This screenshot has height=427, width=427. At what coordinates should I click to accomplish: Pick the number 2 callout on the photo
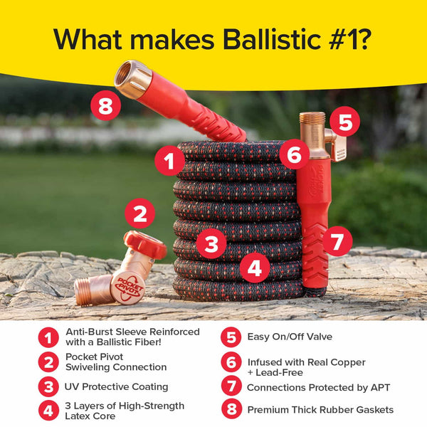140,213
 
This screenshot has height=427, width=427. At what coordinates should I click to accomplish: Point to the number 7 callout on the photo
337,241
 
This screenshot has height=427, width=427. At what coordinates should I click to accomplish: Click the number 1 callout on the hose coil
169,162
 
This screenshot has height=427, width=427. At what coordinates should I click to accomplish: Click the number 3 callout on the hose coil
211,245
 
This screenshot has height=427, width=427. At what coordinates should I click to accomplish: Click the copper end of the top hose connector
132,78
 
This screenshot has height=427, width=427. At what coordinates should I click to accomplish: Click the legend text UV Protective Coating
117,386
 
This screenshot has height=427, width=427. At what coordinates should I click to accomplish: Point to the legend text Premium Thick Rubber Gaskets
320,409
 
